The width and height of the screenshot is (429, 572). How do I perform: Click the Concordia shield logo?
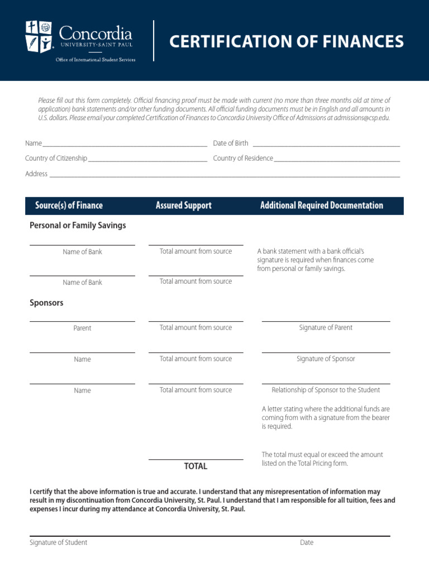click(39, 36)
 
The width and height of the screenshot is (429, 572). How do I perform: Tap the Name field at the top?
click(125, 143)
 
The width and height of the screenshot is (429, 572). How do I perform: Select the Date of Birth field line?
click(326, 143)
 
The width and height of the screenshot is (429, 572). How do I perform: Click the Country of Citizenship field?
click(147, 158)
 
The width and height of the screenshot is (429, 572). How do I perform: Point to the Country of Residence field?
click(337, 158)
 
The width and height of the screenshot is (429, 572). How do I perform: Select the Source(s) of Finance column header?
click(69, 206)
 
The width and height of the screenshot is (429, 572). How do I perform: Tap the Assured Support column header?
click(183, 206)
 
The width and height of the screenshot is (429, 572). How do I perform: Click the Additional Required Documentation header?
click(322, 206)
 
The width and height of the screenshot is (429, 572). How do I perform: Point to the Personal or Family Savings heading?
click(78, 226)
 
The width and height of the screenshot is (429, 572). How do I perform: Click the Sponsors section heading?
click(46, 303)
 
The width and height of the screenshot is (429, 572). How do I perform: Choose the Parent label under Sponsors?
click(82, 328)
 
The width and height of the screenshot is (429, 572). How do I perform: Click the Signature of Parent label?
click(326, 328)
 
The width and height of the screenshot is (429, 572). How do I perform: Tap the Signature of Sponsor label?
click(326, 359)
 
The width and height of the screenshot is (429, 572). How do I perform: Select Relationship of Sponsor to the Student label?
click(326, 390)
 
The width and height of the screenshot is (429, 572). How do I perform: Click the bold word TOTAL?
click(196, 466)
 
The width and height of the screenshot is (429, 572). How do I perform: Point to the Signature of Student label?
click(58, 542)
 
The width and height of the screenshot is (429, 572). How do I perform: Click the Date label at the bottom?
click(307, 542)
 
